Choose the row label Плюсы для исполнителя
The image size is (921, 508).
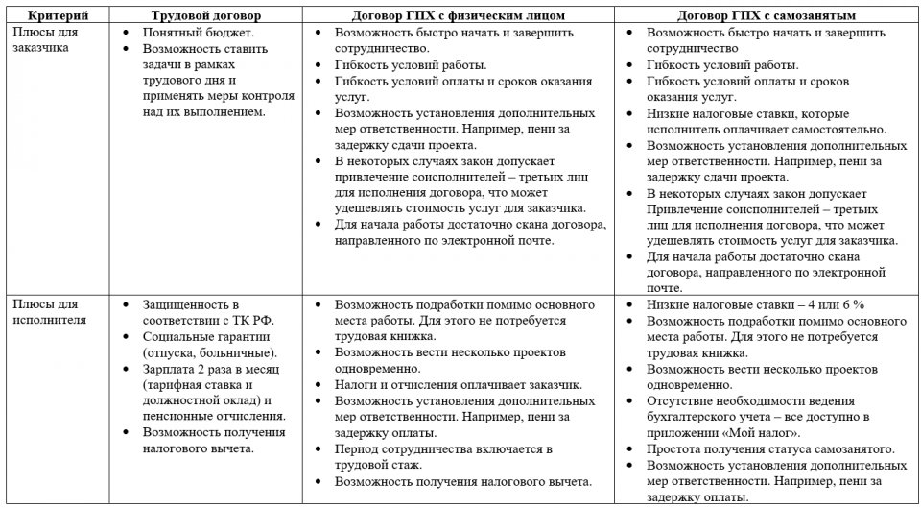(x=49, y=312)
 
